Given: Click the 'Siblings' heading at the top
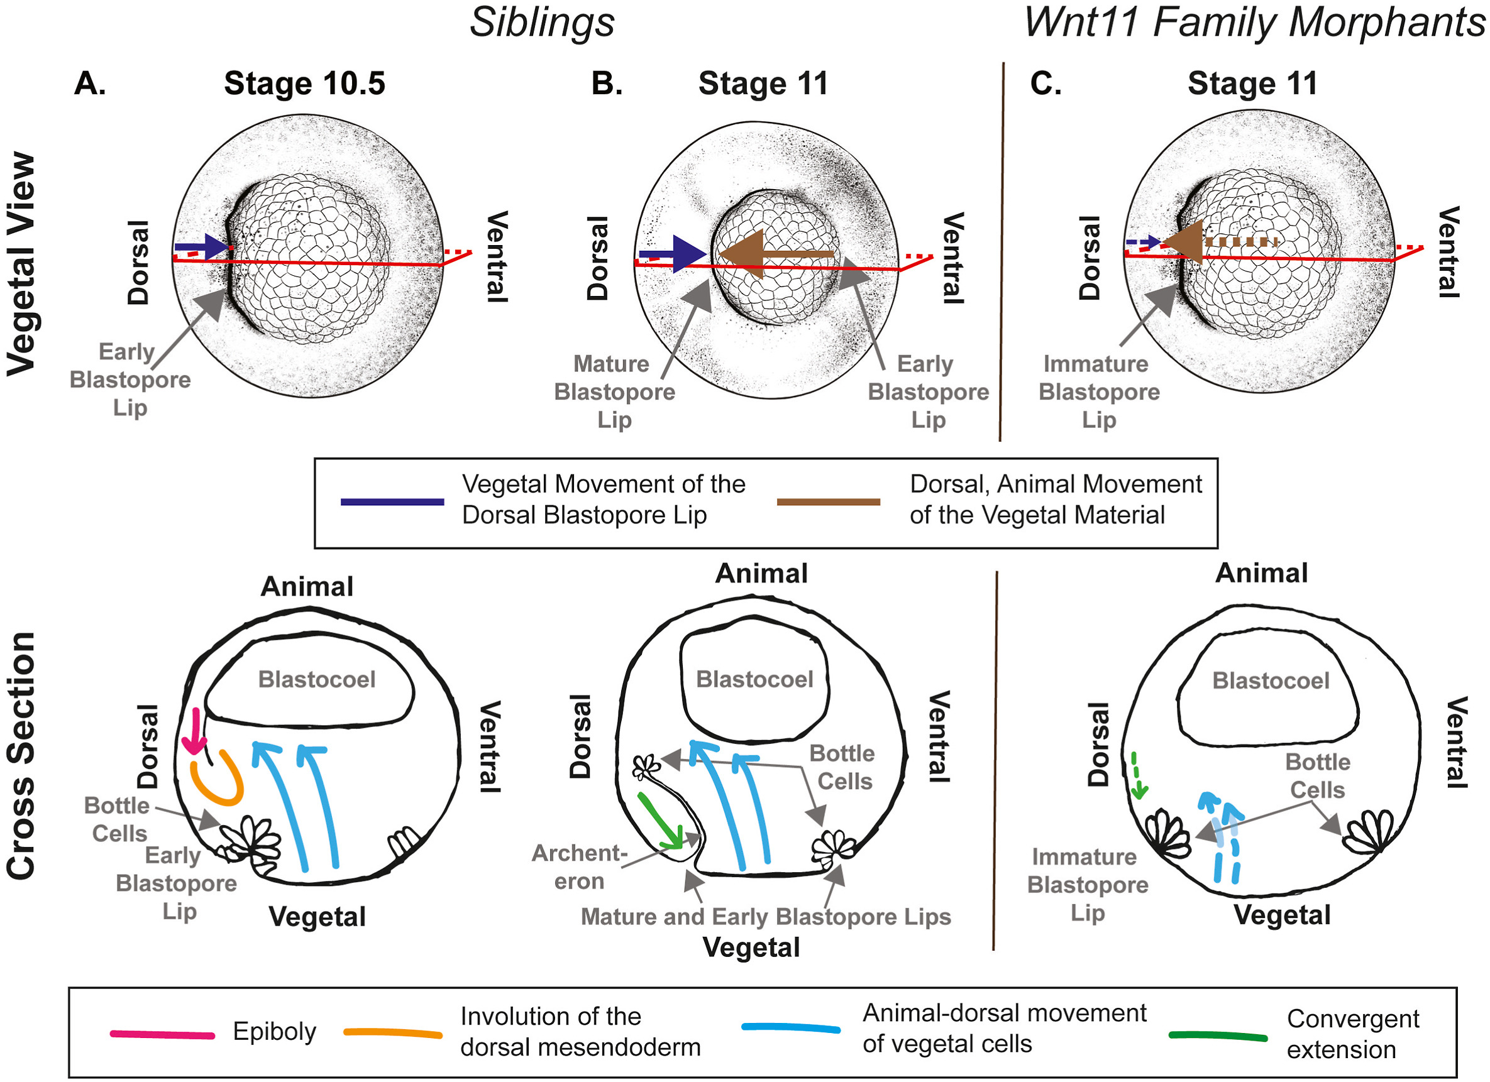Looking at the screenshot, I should [541, 23].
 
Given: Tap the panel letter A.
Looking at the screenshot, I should [89, 84].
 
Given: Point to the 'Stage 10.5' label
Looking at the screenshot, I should [304, 84].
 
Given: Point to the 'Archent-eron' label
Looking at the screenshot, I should [579, 867].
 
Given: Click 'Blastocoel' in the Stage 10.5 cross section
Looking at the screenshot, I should [317, 679].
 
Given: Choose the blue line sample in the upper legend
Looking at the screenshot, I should [392, 501].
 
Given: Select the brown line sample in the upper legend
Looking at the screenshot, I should [828, 501].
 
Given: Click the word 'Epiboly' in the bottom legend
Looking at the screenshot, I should [275, 1032].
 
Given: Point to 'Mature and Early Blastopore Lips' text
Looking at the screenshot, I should [765, 917].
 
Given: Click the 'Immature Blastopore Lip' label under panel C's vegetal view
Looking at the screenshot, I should [1098, 392].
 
